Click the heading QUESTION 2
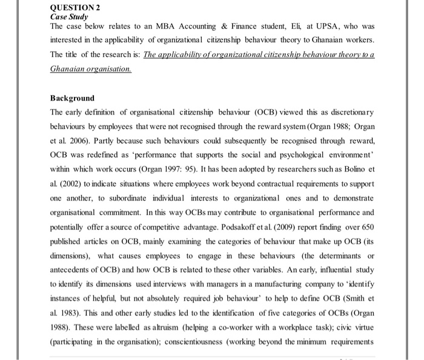point(75,7)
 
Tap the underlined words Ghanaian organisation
point(90,69)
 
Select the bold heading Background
point(72,98)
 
